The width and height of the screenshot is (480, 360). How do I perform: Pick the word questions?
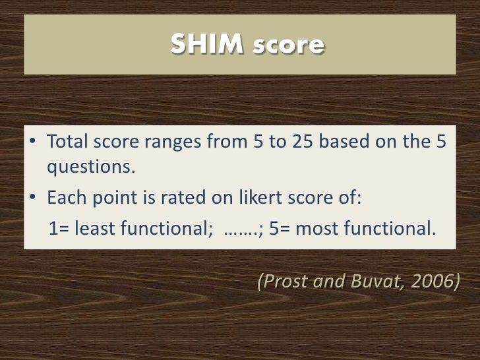pyautogui.click(x=90, y=166)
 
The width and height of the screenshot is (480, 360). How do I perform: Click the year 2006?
pyautogui.click(x=434, y=282)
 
